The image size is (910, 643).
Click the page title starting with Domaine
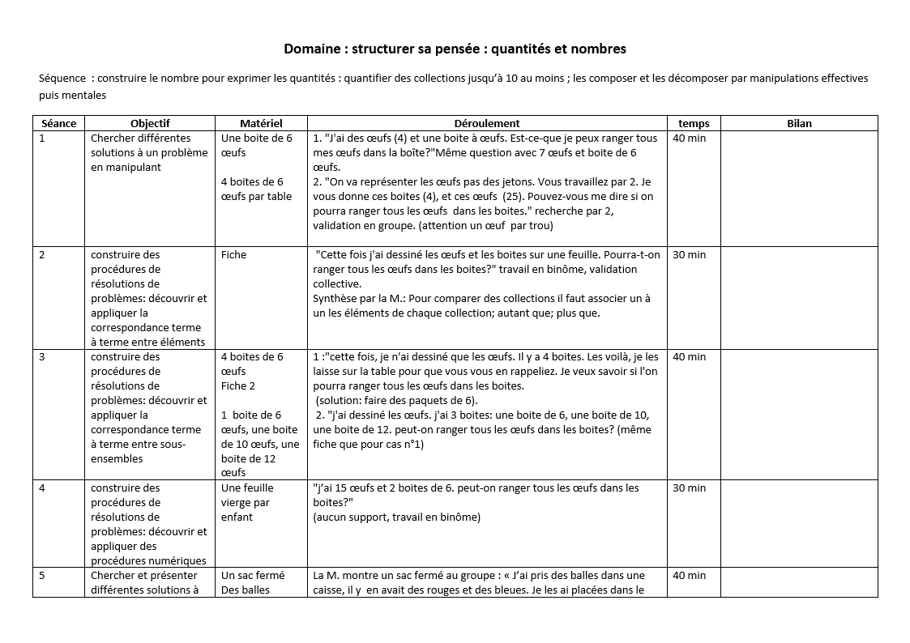point(455,49)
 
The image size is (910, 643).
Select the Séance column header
point(58,123)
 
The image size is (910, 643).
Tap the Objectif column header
point(150,123)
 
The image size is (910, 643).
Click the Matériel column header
point(261,123)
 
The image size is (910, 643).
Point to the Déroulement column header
point(486,123)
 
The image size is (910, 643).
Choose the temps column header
point(694,123)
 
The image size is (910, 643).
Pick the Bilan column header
point(799,123)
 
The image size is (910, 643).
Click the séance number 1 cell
point(43,138)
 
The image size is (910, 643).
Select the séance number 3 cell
point(43,357)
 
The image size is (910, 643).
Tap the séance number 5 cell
point(43,576)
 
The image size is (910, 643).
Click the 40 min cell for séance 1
point(690,138)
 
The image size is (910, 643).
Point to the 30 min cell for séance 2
point(690,255)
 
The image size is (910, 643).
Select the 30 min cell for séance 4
point(690,488)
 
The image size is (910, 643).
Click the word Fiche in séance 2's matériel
point(233,255)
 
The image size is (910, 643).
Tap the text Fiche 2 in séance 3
point(238,386)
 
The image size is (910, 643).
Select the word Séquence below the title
point(62,79)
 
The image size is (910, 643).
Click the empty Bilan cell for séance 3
point(799,413)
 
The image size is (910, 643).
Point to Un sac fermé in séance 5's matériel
point(253,576)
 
